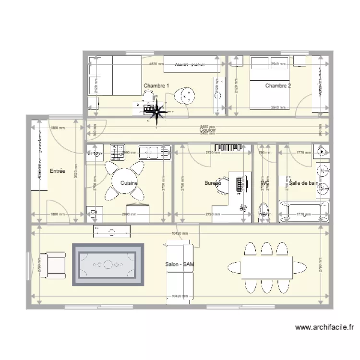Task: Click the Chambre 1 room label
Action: pyautogui.click(x=156, y=86)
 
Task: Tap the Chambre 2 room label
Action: pyautogui.click(x=278, y=86)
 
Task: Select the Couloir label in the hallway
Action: pyautogui.click(x=208, y=130)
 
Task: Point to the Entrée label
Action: pyautogui.click(x=57, y=171)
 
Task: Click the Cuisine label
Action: pyautogui.click(x=129, y=183)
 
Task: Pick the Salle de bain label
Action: pyautogui.click(x=303, y=183)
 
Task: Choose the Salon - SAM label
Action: pyautogui.click(x=180, y=264)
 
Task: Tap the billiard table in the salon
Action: pyautogui.click(x=108, y=264)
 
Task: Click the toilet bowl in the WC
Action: pyautogui.click(x=264, y=211)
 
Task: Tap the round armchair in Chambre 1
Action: pyautogui.click(x=185, y=96)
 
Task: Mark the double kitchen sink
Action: pyautogui.click(x=155, y=153)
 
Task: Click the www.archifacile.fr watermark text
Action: pyautogui.click(x=324, y=328)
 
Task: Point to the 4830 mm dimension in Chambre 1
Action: pyautogui.click(x=156, y=64)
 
